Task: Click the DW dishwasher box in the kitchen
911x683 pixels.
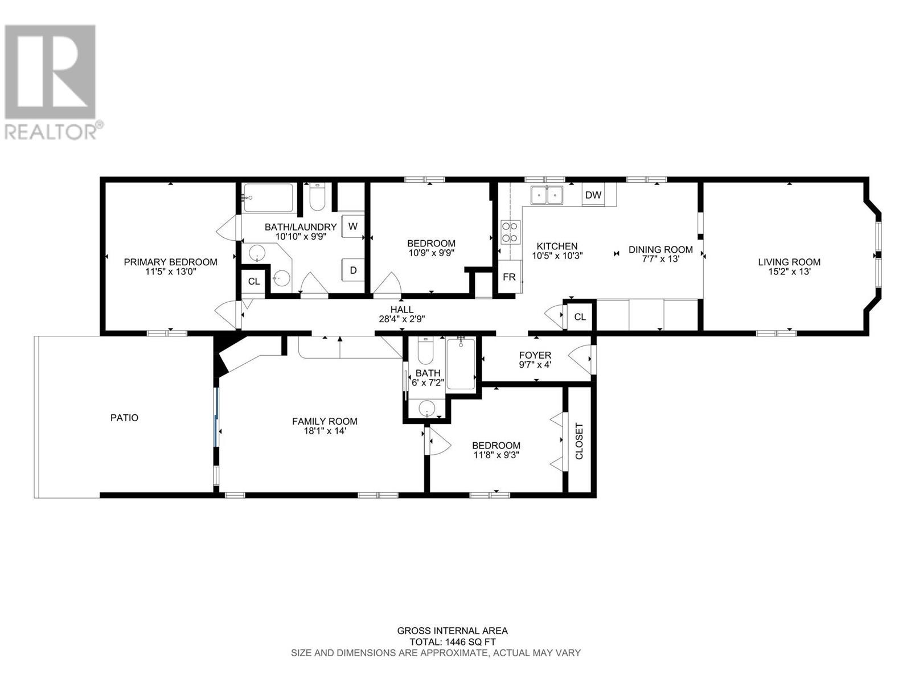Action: coord(593,195)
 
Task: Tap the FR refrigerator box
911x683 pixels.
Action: coord(509,277)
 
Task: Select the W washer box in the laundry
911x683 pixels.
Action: coord(353,226)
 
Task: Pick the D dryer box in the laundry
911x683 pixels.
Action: coord(353,270)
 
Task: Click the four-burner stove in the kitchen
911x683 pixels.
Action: coord(510,232)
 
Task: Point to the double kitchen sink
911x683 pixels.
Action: coord(547,195)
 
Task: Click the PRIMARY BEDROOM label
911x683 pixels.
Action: coord(170,262)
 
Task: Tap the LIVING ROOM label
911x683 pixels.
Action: coord(789,262)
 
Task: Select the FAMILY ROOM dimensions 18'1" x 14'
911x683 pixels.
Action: coord(325,431)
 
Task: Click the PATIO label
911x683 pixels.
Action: coord(124,418)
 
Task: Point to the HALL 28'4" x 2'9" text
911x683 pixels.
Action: coord(402,315)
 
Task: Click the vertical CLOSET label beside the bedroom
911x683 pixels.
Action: coord(580,441)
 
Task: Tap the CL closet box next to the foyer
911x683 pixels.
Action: coord(580,317)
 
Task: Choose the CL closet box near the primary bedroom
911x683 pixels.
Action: coord(253,281)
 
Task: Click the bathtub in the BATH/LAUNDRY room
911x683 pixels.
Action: coord(268,198)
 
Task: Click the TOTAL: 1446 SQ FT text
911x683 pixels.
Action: coord(452,641)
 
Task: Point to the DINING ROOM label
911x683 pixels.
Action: coord(660,249)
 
